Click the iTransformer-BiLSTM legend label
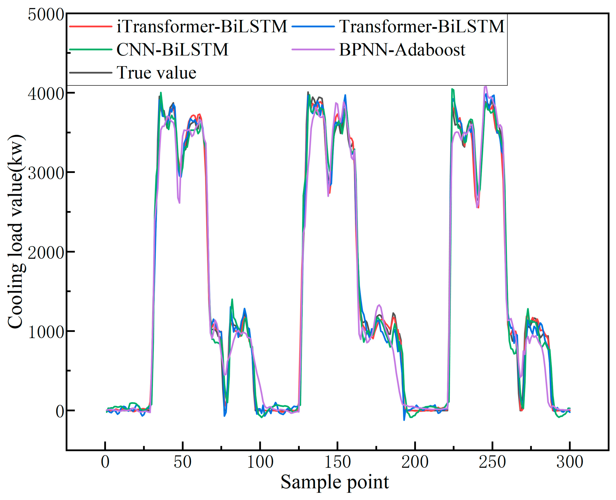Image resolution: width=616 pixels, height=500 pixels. pyautogui.click(x=202, y=26)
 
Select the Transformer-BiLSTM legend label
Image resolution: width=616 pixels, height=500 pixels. pyautogui.click(x=422, y=26)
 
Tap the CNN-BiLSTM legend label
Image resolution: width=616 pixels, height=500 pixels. pyautogui.click(x=172, y=50)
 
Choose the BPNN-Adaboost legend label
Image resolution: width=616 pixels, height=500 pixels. pyautogui.click(x=402, y=50)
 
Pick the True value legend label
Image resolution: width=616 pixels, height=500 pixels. pyautogui.click(x=156, y=72)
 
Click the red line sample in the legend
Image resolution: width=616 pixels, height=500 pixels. pyautogui.click(x=91, y=26)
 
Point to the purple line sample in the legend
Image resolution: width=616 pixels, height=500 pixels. pyautogui.click(x=313, y=50)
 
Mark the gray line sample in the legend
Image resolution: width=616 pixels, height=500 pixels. pyautogui.click(x=91, y=73)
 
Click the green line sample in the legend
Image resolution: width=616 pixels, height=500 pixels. pyautogui.click(x=91, y=50)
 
